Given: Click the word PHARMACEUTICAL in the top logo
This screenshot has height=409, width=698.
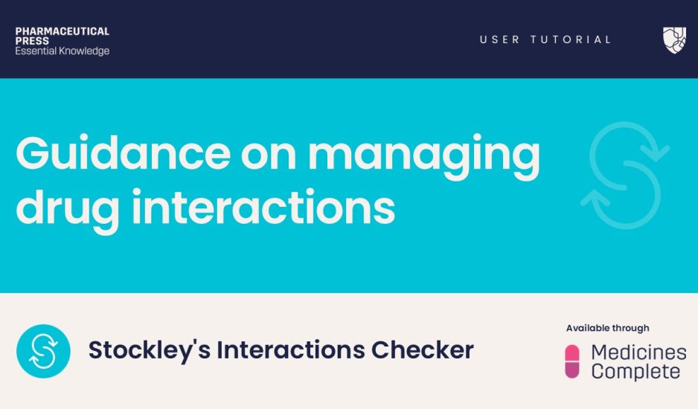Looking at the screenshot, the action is (63, 31).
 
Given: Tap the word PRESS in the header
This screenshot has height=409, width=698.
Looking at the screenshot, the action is (32, 41).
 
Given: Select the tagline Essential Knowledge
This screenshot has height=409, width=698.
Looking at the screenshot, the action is (63, 51).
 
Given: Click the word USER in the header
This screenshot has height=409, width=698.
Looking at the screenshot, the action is (499, 39).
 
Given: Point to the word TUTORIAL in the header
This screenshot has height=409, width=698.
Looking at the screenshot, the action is (571, 39).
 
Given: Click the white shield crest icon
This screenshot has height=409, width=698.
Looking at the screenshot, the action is (674, 40).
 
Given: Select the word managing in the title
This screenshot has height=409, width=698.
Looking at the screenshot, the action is (424, 158).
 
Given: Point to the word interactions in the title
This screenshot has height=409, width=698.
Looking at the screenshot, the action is (263, 207).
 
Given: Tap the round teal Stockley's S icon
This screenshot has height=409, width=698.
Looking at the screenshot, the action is (43, 351).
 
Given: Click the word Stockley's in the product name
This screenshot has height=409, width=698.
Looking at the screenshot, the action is (149, 350).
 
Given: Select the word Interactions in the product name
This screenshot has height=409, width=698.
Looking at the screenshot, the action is (291, 350).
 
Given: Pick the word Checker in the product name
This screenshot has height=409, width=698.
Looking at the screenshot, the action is (423, 350).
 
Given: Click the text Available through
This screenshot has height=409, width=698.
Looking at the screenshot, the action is (608, 329).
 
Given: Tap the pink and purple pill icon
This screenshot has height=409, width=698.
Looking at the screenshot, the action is (572, 361).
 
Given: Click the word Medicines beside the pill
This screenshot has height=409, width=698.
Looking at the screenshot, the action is (638, 352).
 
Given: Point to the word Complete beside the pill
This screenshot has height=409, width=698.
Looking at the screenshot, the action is (635, 372).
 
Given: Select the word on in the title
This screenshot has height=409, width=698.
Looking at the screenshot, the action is (269, 158).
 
